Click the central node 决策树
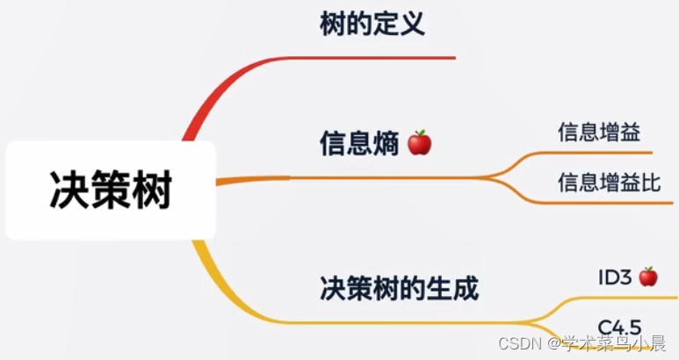[111, 190]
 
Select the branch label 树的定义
[372, 23]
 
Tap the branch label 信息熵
[360, 143]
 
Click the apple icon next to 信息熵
[420, 142]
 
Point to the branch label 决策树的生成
[399, 287]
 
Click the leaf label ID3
[615, 277]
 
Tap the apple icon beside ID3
[648, 277]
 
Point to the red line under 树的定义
[369, 58]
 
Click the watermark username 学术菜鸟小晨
[615, 343]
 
